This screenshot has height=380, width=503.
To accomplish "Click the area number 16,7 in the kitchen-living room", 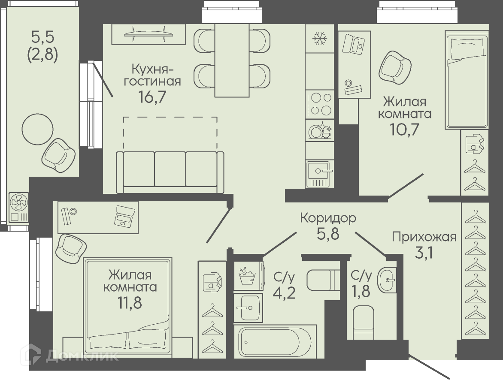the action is click(152, 96).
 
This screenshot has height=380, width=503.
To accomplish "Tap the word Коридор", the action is click(328, 218).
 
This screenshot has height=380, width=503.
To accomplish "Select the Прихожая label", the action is click(424, 237).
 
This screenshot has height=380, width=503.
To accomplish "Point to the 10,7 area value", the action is click(405, 129).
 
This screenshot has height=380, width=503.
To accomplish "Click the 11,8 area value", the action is click(130, 303).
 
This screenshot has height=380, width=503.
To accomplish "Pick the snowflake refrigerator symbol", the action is click(319, 39).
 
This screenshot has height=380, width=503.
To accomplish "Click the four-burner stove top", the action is click(319, 104).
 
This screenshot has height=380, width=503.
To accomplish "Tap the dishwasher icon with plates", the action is click(319, 130).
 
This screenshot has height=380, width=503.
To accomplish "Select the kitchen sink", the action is click(319, 174).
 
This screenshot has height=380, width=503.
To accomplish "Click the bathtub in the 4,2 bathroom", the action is click(275, 341).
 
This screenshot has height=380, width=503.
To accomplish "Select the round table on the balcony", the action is click(37, 129).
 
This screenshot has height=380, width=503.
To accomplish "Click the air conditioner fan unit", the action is click(18, 207).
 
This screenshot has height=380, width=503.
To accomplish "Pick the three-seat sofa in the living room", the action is click(170, 172).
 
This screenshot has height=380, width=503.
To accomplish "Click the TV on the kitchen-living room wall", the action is click(148, 34).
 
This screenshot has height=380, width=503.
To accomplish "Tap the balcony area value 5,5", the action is click(42, 37).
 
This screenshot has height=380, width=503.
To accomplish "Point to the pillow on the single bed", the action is click(467, 48).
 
